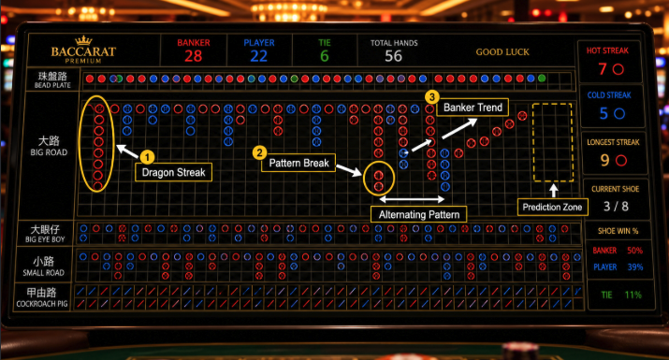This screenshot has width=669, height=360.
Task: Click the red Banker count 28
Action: tap(194, 56)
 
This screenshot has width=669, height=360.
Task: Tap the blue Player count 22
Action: tap(258, 56)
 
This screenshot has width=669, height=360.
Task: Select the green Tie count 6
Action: tap(325, 56)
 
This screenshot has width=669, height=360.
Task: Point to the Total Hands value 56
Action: tap(393, 56)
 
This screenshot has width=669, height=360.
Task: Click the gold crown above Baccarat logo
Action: tap(83, 40)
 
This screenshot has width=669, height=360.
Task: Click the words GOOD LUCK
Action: tap(502, 52)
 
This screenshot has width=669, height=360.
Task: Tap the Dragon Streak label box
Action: tap(173, 172)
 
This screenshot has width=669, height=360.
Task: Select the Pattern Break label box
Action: tap(298, 163)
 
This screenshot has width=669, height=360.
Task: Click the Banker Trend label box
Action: tap(473, 108)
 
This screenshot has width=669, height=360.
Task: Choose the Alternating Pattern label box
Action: tap(418, 214)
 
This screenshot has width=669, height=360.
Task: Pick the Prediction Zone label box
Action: tap(553, 208)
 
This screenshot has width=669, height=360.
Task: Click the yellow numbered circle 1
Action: tap(147, 157)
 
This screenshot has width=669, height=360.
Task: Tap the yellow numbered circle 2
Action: tap(259, 152)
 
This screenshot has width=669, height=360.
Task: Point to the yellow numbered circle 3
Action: tap(431, 97)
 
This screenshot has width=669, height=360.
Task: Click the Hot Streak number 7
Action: tap(603, 68)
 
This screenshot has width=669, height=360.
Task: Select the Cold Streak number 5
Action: tap(604, 113)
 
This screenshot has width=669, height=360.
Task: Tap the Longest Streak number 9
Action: tap(605, 160)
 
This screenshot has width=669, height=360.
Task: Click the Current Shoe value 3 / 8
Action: tap(616, 207)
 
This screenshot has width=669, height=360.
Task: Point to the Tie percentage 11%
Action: tap(633, 295)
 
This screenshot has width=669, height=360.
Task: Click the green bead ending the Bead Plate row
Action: tap(542, 79)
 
